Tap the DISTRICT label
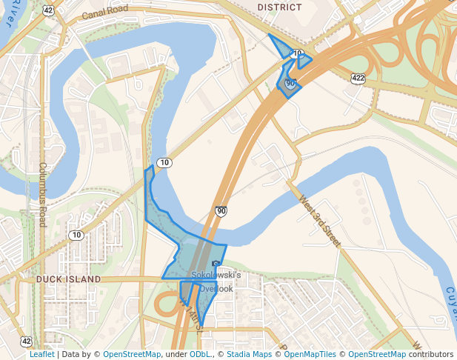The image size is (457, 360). point(280,7)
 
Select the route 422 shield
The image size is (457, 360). point(358,77)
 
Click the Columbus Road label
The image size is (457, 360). point(43,195)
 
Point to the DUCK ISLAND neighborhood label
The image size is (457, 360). point(68,279)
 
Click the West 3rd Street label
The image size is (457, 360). point(320,220)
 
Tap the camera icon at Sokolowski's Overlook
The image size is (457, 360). point(216,264)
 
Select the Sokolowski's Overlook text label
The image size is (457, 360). point(216,281)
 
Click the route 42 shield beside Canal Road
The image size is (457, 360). point(48,10)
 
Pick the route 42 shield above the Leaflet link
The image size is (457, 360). point(27,341)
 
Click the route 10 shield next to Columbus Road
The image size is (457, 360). point(76,235)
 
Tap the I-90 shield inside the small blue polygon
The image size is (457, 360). point(290,84)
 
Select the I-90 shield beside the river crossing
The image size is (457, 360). point(221,211)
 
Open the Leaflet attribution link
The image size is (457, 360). point(42,354)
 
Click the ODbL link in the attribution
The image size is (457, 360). point(200,354)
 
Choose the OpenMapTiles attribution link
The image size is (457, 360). point(311,354)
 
